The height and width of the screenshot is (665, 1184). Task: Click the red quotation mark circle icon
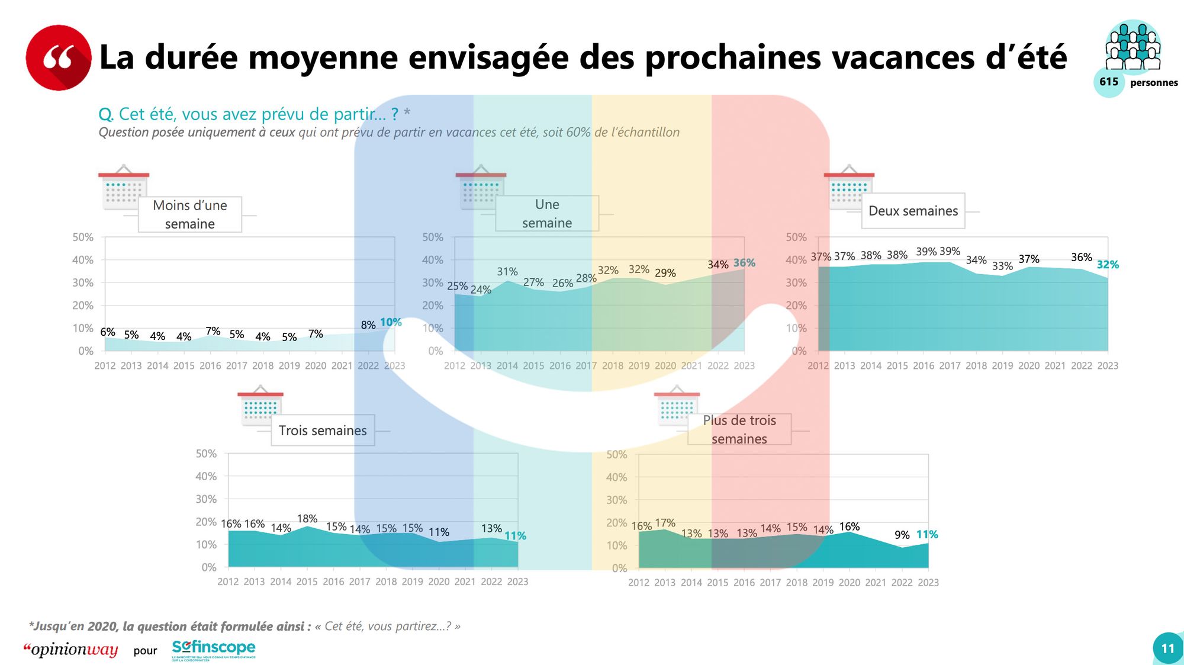[59, 57]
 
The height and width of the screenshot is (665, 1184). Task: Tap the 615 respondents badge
[1109, 82]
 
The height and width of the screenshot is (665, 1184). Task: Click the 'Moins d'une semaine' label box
[190, 214]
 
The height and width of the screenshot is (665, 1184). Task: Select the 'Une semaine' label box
[547, 213]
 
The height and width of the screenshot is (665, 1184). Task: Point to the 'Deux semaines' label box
[913, 211]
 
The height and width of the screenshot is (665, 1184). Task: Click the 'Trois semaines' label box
[323, 431]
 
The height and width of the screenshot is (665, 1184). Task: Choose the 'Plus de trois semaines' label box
[739, 429]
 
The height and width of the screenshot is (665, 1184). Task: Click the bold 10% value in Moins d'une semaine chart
[391, 322]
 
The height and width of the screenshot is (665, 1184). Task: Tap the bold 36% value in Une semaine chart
[744, 263]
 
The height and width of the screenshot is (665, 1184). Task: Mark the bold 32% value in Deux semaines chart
[1108, 265]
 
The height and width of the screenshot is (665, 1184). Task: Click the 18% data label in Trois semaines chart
[307, 519]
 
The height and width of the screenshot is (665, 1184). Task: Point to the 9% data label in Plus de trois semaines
[902, 535]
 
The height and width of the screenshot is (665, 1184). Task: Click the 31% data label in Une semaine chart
[507, 272]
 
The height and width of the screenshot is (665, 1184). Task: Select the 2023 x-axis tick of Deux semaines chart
[1108, 366]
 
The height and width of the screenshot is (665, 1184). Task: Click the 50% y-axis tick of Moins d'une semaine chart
[83, 237]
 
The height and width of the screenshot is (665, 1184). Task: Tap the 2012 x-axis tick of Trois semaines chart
[228, 582]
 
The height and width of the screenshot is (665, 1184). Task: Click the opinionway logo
[71, 650]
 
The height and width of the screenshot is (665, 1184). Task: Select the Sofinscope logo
[214, 649]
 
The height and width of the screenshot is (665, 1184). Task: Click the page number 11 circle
[1167, 648]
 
